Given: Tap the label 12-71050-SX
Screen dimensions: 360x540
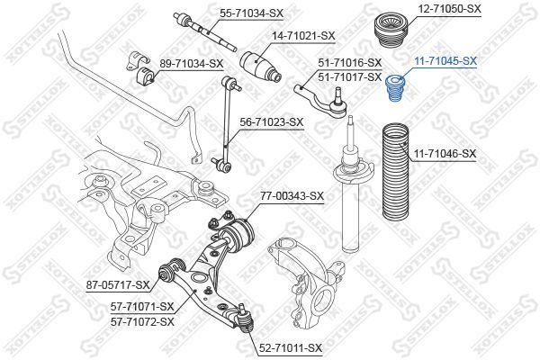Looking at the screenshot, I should tap(449, 8).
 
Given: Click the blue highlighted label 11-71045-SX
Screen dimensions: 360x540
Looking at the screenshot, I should tap(445, 60).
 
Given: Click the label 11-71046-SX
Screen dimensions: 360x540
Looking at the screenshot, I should tap(445, 154).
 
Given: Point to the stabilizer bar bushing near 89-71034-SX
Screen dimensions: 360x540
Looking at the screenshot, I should tap(139, 66).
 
